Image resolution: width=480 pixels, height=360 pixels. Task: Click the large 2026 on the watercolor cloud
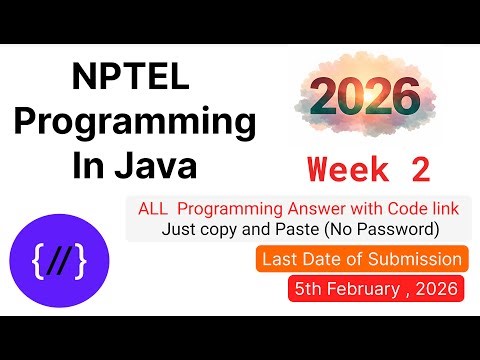(363, 97)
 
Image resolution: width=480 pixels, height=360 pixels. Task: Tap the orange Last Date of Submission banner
(361, 260)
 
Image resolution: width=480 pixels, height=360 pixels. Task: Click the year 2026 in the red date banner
(436, 290)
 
